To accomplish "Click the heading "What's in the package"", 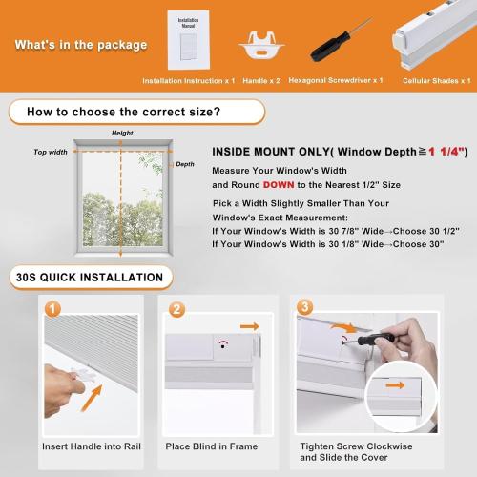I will pos(81,45).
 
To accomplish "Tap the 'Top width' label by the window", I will pos(52,152).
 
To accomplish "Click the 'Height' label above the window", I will pos(122,134).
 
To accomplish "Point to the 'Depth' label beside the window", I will pos(185,164).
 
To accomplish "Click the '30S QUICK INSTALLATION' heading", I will pos(90,279).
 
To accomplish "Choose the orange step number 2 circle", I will pos(176,310).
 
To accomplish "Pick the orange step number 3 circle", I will pos(304,307).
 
